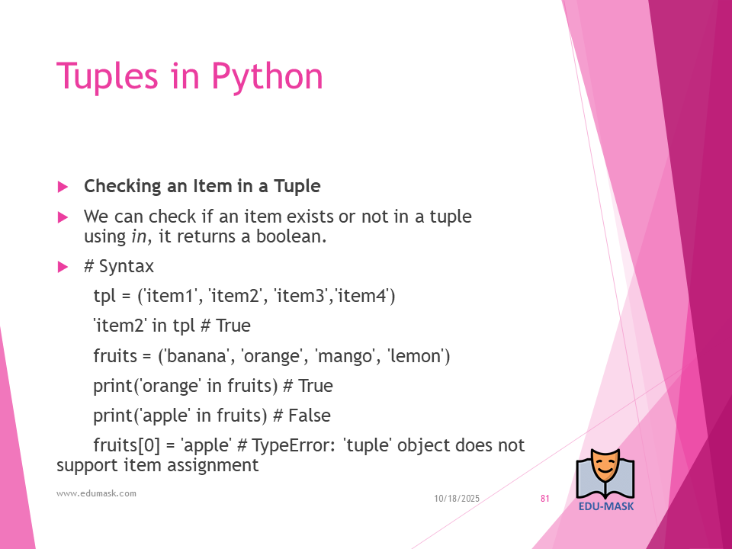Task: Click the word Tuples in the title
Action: tap(108, 75)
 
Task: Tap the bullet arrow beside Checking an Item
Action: tap(63, 187)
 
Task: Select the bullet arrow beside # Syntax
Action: tap(63, 267)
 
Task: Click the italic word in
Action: tap(139, 236)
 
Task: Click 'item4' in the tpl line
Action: tap(364, 296)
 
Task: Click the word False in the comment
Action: tap(310, 416)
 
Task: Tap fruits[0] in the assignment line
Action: tap(127, 445)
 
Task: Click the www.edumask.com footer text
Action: tap(97, 493)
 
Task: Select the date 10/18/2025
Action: tap(457, 499)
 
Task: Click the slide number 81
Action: tap(544, 499)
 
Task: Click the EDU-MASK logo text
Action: tap(606, 506)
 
